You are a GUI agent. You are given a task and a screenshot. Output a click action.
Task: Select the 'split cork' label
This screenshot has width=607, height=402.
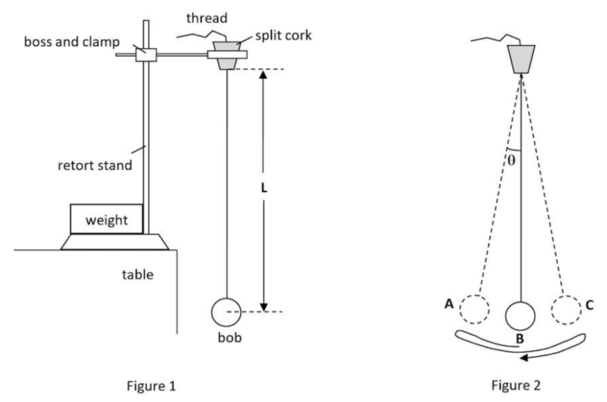pos(283,35)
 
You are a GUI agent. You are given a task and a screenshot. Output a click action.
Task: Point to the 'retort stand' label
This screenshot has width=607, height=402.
pos(95,165)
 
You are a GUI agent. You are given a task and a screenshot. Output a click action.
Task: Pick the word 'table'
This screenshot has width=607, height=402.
pos(138,274)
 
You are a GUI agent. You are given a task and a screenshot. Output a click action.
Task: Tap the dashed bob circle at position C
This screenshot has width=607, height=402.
pos(566,310)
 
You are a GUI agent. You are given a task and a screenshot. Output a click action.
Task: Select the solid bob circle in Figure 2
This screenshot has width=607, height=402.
pos(520,315)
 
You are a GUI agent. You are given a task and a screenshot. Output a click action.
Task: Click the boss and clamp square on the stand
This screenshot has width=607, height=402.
pos(145,55)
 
